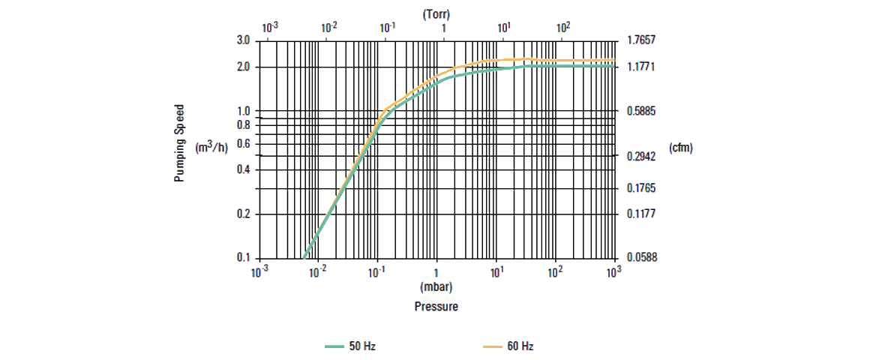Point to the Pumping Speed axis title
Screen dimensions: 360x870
(180, 142)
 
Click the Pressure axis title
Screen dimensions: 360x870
(436, 307)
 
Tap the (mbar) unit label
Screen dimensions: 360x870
(436, 286)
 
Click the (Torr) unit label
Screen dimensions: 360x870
(436, 13)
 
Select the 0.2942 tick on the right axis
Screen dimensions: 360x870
(641, 156)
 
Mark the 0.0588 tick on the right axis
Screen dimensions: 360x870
(641, 257)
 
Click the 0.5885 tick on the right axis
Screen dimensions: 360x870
(641, 111)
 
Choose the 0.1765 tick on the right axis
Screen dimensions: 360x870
(641, 188)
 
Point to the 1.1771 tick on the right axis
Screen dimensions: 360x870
(641, 67)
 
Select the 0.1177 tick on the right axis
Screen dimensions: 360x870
(641, 214)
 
